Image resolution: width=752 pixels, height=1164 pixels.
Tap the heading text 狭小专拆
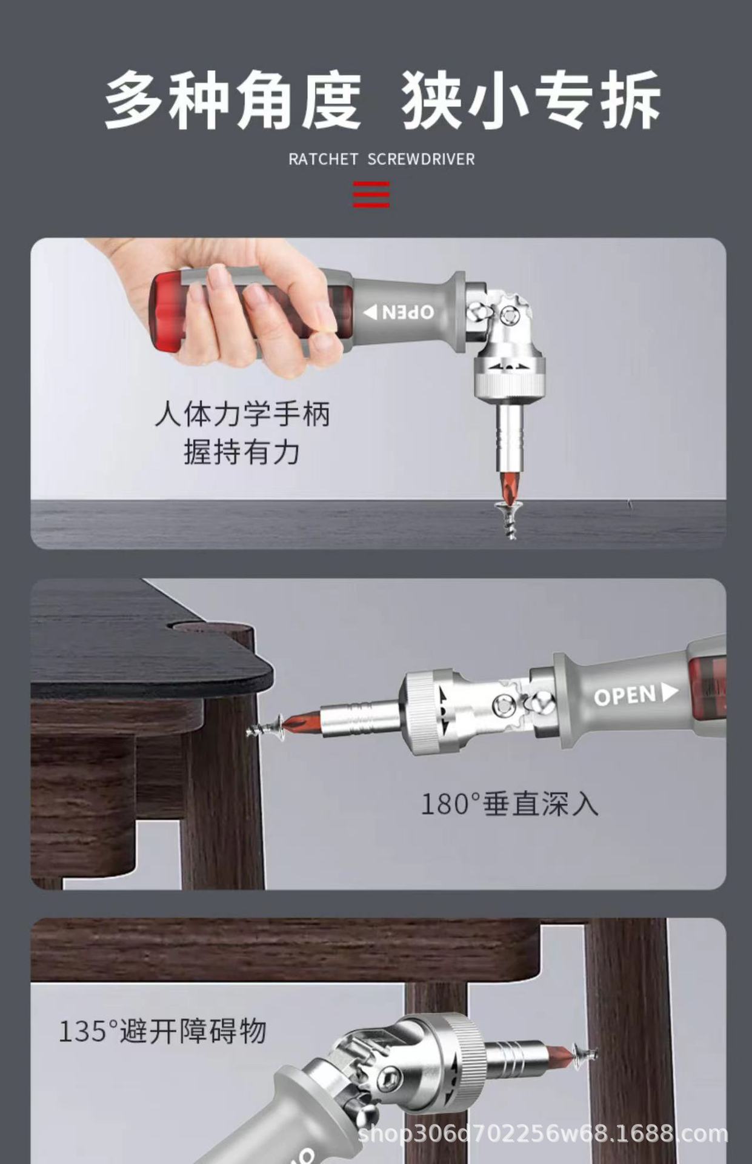(530, 99)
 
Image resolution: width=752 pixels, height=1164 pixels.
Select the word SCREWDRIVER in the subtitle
(421, 159)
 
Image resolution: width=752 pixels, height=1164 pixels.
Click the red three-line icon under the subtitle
(371, 194)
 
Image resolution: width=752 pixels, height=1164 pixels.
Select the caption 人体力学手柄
(242, 415)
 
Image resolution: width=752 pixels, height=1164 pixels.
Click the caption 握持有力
(242, 452)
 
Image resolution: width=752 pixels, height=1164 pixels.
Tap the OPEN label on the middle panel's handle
(625, 696)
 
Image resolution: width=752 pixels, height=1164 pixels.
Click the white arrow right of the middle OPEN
(669, 692)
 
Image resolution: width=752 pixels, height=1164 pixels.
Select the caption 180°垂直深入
(510, 804)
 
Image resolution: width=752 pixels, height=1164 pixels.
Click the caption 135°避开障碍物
(162, 1031)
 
